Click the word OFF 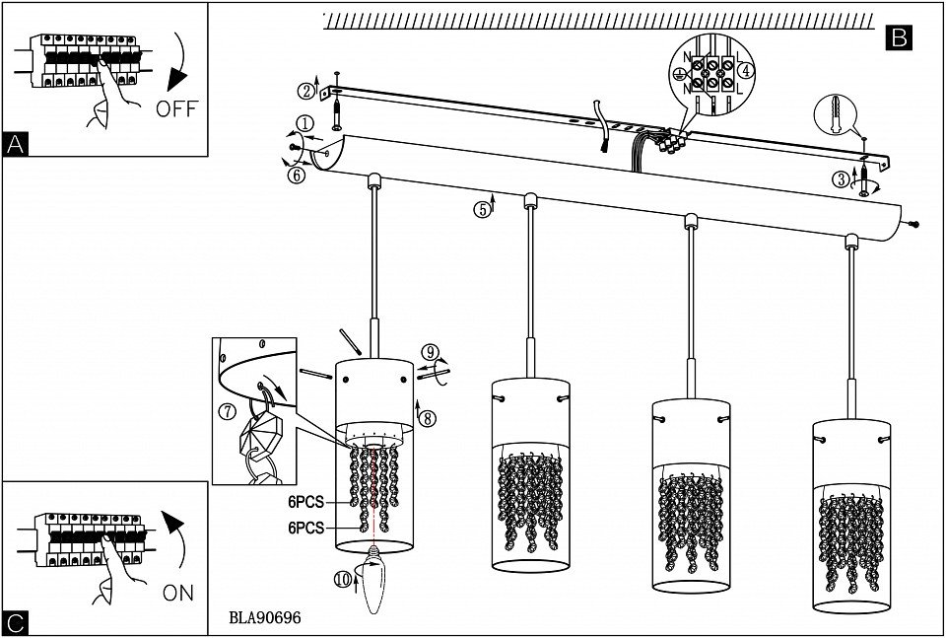click(176, 108)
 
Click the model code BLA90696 click(264, 618)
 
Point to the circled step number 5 click(481, 209)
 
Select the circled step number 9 click(429, 351)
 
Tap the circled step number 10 click(342, 581)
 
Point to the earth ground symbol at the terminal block click(678, 74)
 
